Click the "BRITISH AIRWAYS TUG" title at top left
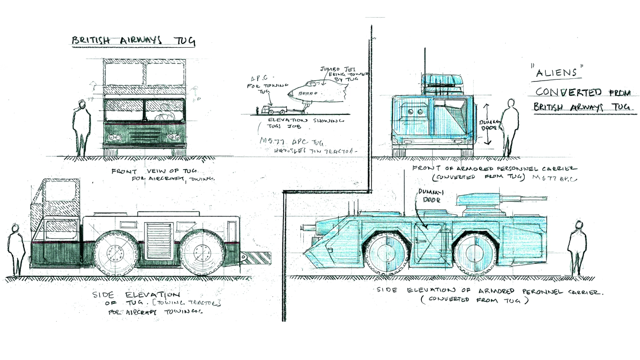point(134,41)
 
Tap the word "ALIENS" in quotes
point(557,72)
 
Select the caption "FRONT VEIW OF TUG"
point(154,171)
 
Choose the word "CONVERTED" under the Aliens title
point(568,92)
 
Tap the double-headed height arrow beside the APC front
point(487,124)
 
